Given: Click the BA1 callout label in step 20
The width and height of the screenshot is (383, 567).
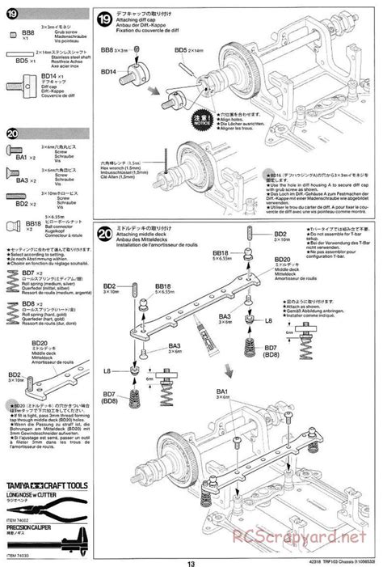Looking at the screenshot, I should [x=221, y=391].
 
